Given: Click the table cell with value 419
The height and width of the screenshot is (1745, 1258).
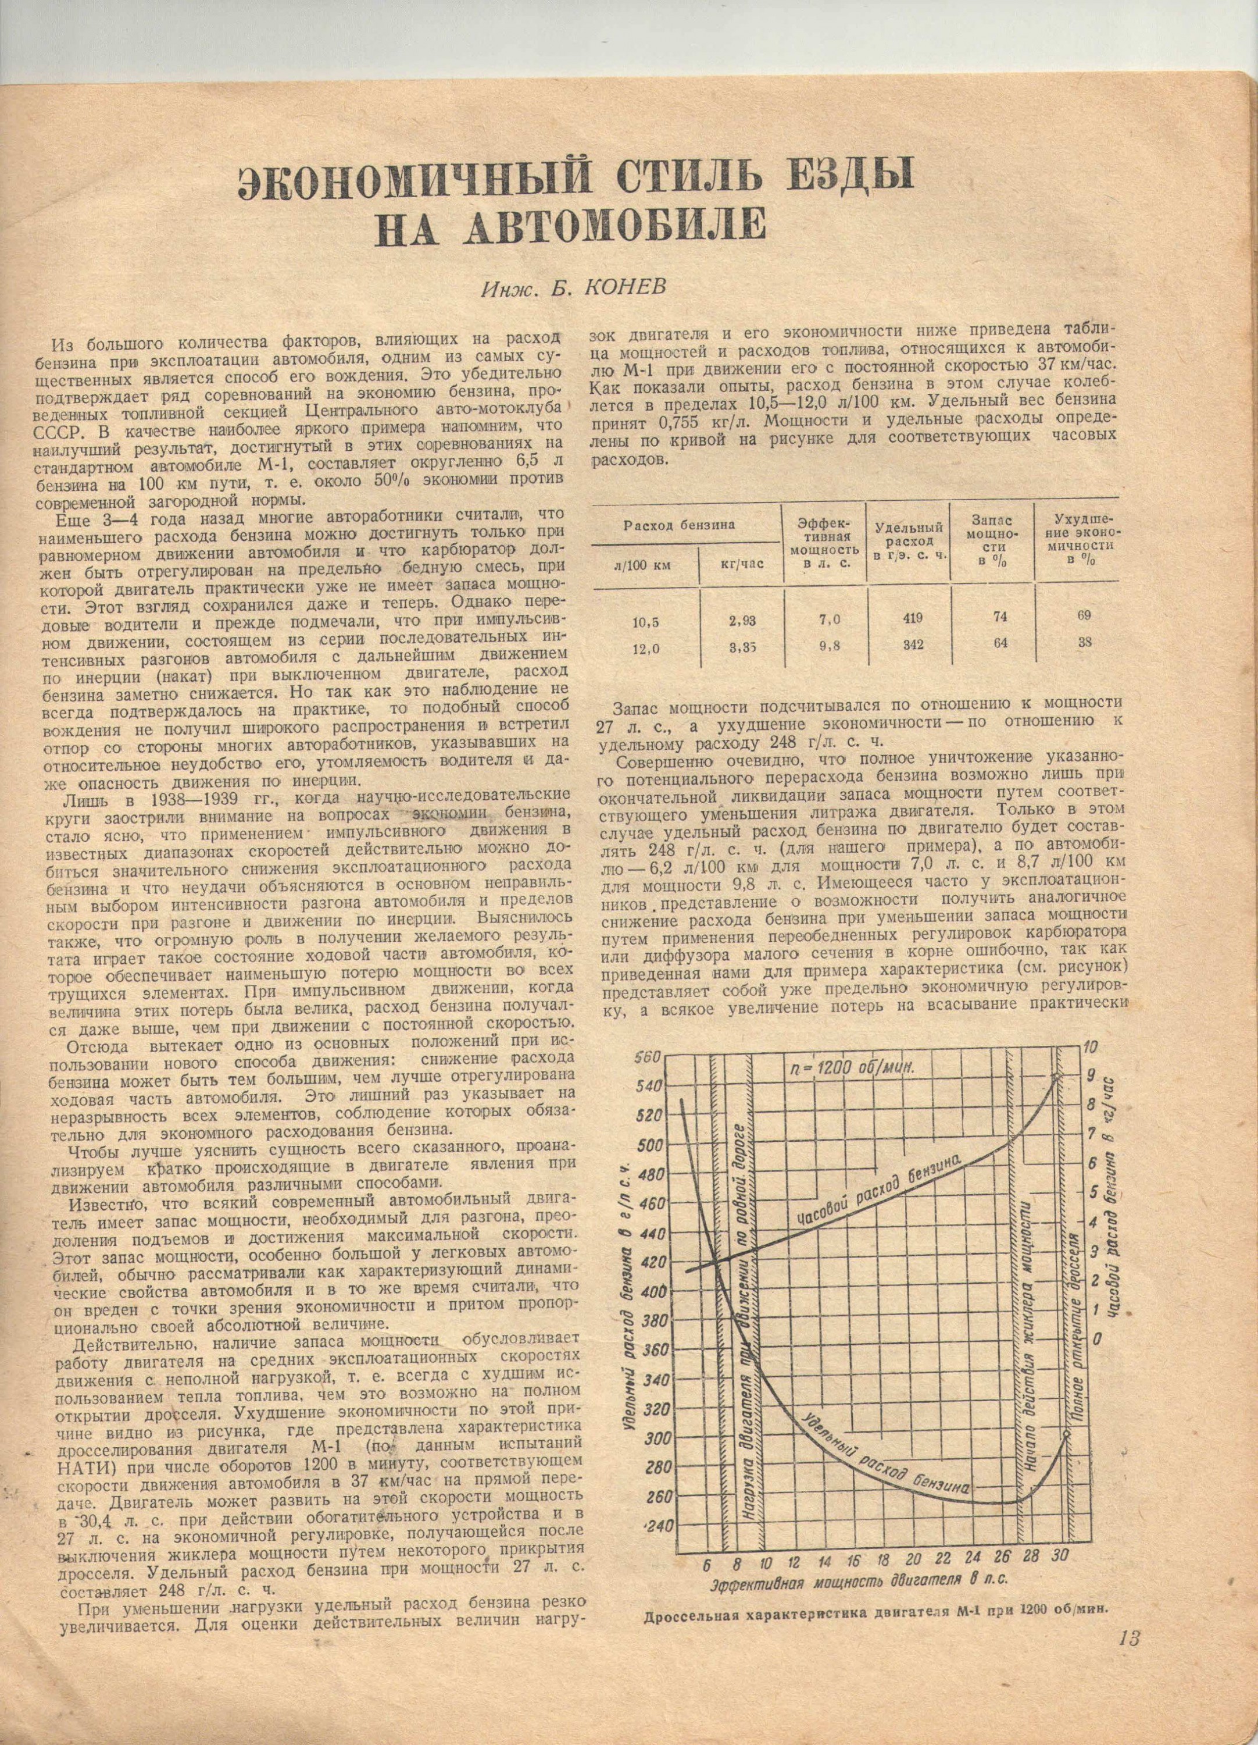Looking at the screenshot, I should [907, 617].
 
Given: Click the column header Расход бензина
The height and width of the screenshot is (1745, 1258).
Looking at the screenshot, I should [684, 525].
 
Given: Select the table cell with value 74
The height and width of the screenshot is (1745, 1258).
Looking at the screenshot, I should [1000, 617].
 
